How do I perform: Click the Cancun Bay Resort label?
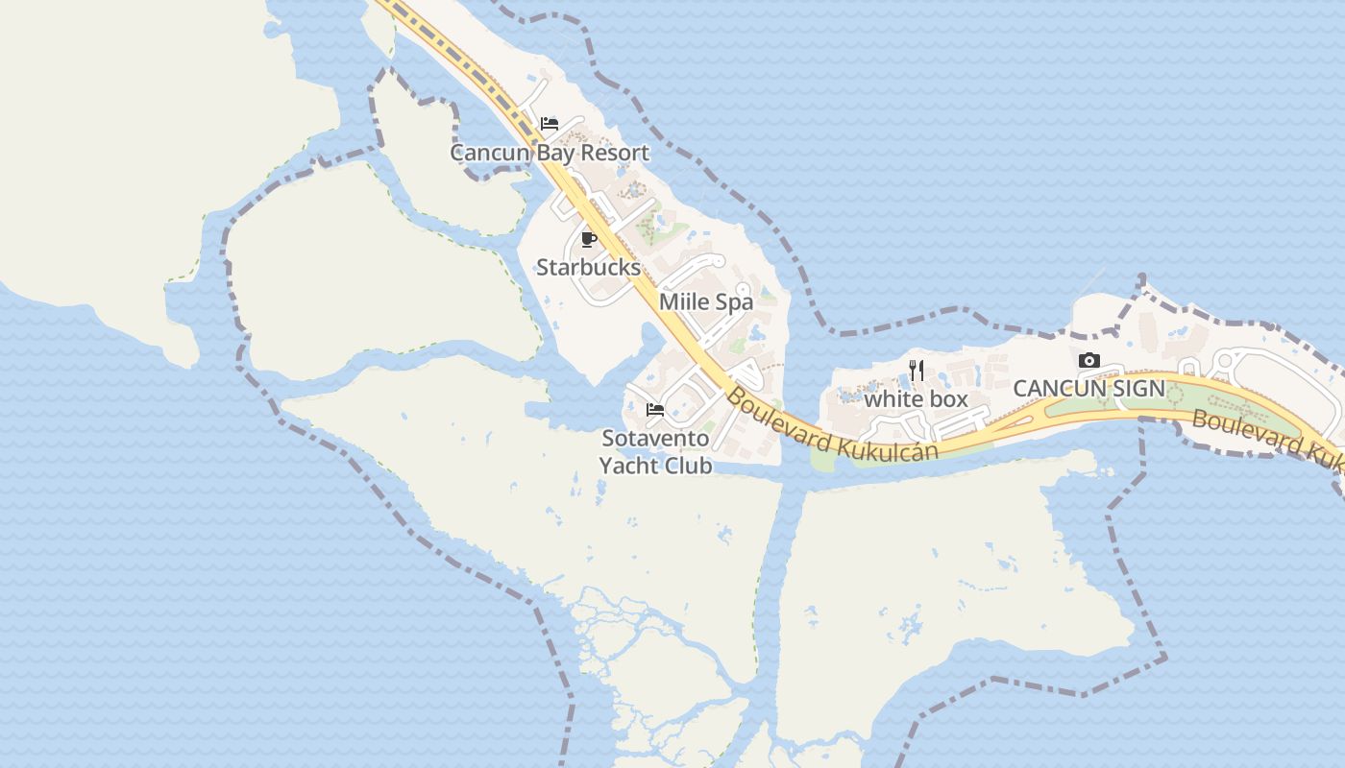(x=550, y=153)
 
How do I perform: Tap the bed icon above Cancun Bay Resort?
(x=550, y=124)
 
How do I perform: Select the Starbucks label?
(x=588, y=268)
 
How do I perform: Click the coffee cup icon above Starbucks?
(x=589, y=239)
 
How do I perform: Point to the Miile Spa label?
(x=706, y=301)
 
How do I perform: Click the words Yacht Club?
(x=655, y=466)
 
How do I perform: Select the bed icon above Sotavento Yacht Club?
(x=655, y=410)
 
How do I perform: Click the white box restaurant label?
(x=916, y=398)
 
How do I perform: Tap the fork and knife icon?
(x=917, y=370)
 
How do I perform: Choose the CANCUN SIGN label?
(x=1088, y=389)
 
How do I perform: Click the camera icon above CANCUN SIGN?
(x=1089, y=361)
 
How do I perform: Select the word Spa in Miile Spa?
(x=734, y=301)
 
